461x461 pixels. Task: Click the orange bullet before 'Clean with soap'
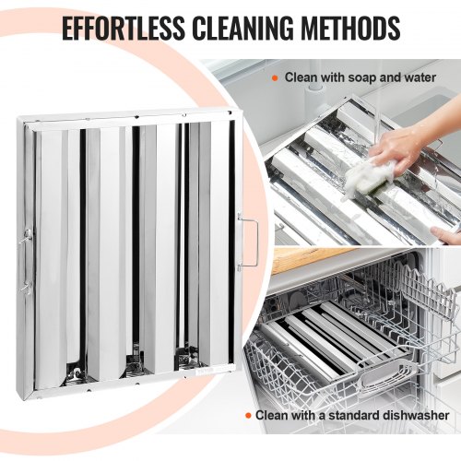pyautogui.click(x=275, y=78)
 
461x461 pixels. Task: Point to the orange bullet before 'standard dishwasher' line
pyautogui.click(x=248, y=416)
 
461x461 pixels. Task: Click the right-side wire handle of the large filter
pyautogui.click(x=250, y=242)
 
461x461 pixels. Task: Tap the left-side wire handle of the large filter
pyautogui.click(x=24, y=260)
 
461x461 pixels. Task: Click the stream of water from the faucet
pyautogui.click(x=377, y=120)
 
